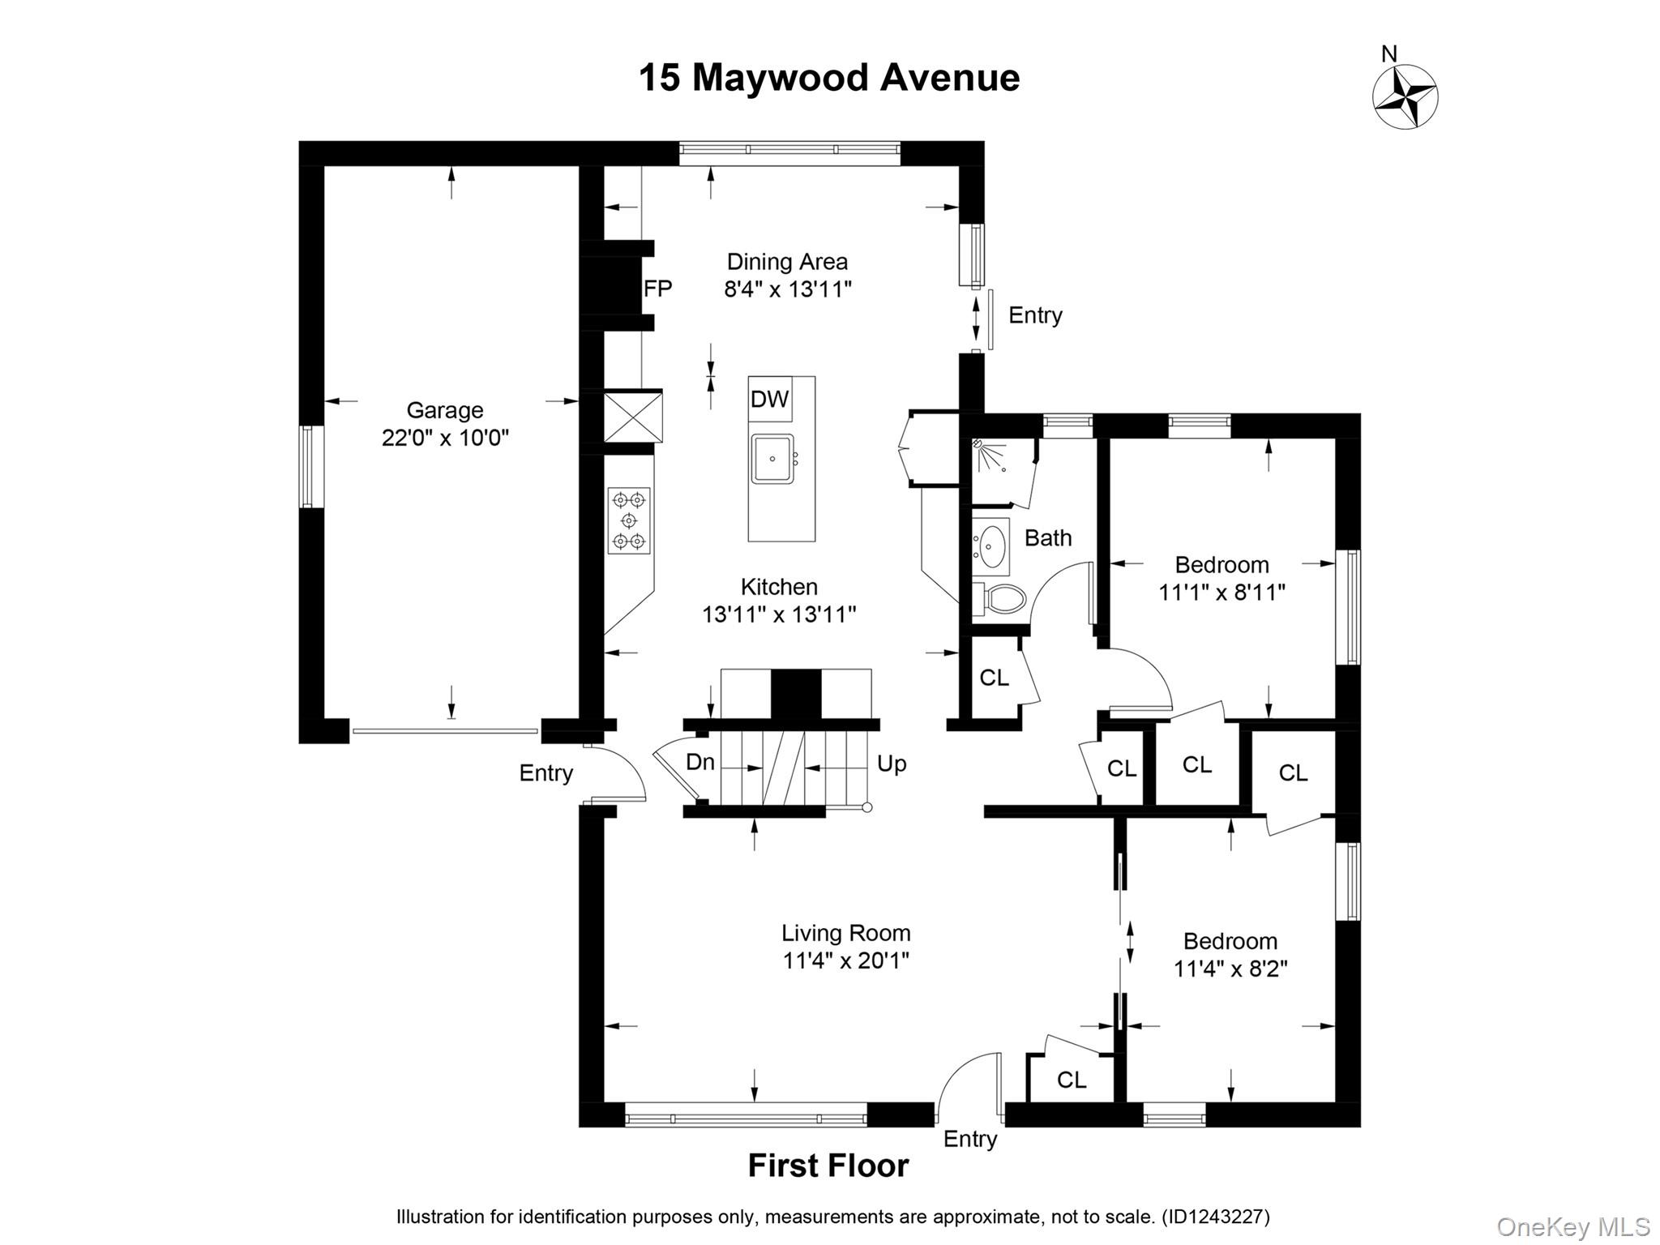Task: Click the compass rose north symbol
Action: tap(1405, 96)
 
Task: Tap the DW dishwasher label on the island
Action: tap(769, 399)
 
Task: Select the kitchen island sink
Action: tap(772, 459)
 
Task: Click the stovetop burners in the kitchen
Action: tap(629, 520)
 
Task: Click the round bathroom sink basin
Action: tap(990, 546)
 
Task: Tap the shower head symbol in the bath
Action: tap(990, 456)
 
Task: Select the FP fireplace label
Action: tap(657, 289)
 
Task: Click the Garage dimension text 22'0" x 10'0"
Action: tap(445, 439)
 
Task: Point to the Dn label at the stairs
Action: tap(700, 762)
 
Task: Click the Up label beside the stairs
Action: tap(892, 764)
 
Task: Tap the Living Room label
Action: tap(845, 933)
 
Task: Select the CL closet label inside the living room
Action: tap(1072, 1080)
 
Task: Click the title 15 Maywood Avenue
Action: tap(828, 79)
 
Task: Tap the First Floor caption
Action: tap(828, 1166)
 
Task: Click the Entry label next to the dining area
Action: tap(1035, 315)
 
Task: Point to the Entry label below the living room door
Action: tap(969, 1139)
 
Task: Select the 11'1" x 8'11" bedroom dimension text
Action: tap(1221, 593)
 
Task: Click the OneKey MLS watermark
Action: tap(1572, 1227)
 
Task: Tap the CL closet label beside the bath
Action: tap(994, 678)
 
